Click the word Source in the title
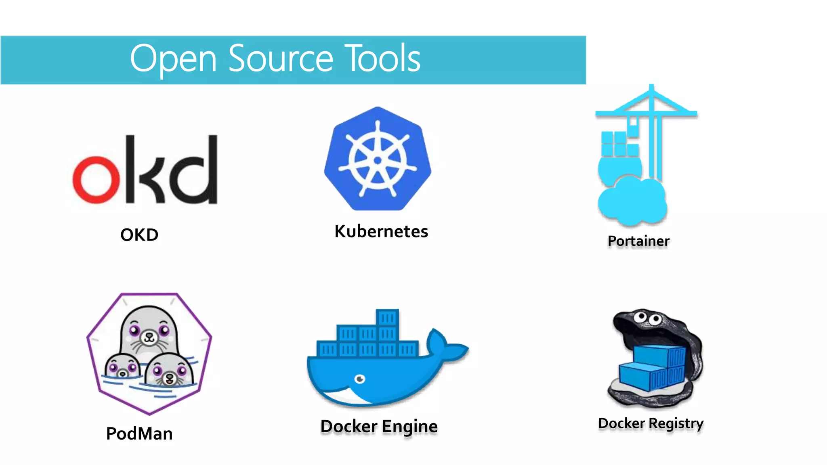pyautogui.click(x=280, y=59)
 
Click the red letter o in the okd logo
pyautogui.click(x=96, y=179)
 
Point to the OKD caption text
pyautogui.click(x=139, y=235)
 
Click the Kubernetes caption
pyautogui.click(x=381, y=232)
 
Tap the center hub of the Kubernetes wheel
pyautogui.click(x=378, y=160)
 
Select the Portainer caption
pyautogui.click(x=638, y=241)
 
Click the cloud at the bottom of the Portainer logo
pyautogui.click(x=632, y=202)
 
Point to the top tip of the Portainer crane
pyautogui.click(x=651, y=86)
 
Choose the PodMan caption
pyautogui.click(x=139, y=434)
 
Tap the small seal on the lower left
pyautogui.click(x=122, y=367)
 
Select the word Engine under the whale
pyautogui.click(x=409, y=427)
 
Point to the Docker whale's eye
pyautogui.click(x=360, y=379)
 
